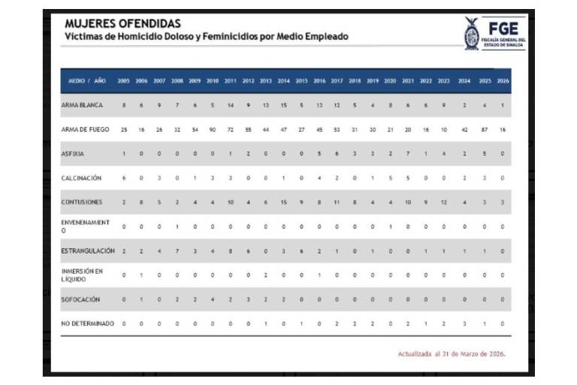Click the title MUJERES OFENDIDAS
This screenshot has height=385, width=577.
pos(122,24)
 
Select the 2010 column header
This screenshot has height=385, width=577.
pos(213,80)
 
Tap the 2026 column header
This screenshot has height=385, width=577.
pos(503,80)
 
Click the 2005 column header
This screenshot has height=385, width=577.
pos(124,80)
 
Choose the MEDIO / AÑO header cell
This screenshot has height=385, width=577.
pos(87,80)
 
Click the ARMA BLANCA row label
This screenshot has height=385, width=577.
pos(82,105)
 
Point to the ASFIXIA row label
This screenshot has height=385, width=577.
pos(74,153)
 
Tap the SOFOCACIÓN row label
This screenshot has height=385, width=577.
pos(80,299)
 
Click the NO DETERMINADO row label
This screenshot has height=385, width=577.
pos(88,323)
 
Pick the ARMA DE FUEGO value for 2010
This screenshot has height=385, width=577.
pos(213,129)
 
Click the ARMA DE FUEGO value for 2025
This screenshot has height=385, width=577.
pos(485,129)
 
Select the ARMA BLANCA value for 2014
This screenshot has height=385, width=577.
pos(283,105)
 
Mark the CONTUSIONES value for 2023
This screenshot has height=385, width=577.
pos(443,202)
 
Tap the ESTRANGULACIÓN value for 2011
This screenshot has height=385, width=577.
pos(231,250)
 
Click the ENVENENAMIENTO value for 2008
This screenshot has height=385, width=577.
pos(177,226)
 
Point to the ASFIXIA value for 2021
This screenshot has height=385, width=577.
pos(407,153)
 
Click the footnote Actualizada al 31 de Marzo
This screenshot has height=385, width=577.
pos(452,353)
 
